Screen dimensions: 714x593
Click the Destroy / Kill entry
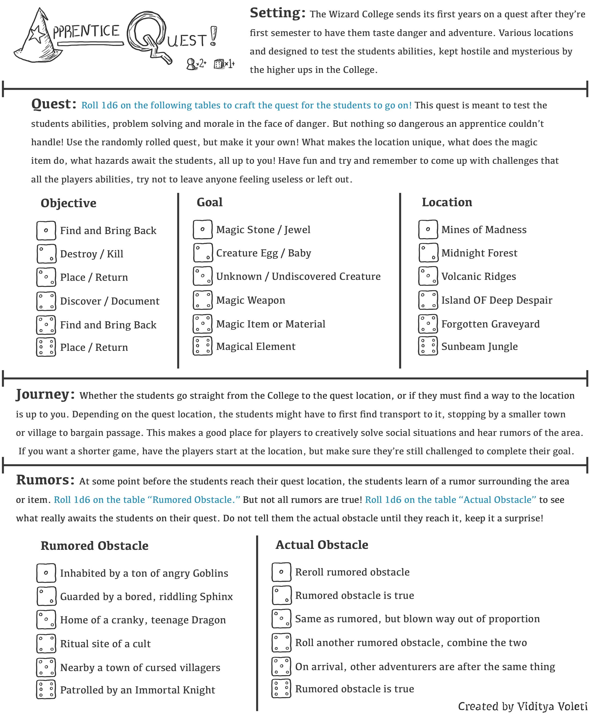tap(92, 254)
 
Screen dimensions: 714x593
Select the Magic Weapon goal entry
tap(250, 300)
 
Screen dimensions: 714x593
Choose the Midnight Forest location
tap(479, 253)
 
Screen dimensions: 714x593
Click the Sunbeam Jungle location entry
tap(479, 346)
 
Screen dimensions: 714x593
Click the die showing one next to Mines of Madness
tap(428, 230)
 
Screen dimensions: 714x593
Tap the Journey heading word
tap(45, 394)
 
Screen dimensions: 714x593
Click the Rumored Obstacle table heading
tap(94, 546)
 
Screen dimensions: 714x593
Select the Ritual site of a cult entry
tap(105, 644)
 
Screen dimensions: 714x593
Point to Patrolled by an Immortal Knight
tap(137, 690)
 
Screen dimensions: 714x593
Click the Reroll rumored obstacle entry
tap(352, 572)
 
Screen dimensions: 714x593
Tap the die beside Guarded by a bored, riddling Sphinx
tap(46, 596)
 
